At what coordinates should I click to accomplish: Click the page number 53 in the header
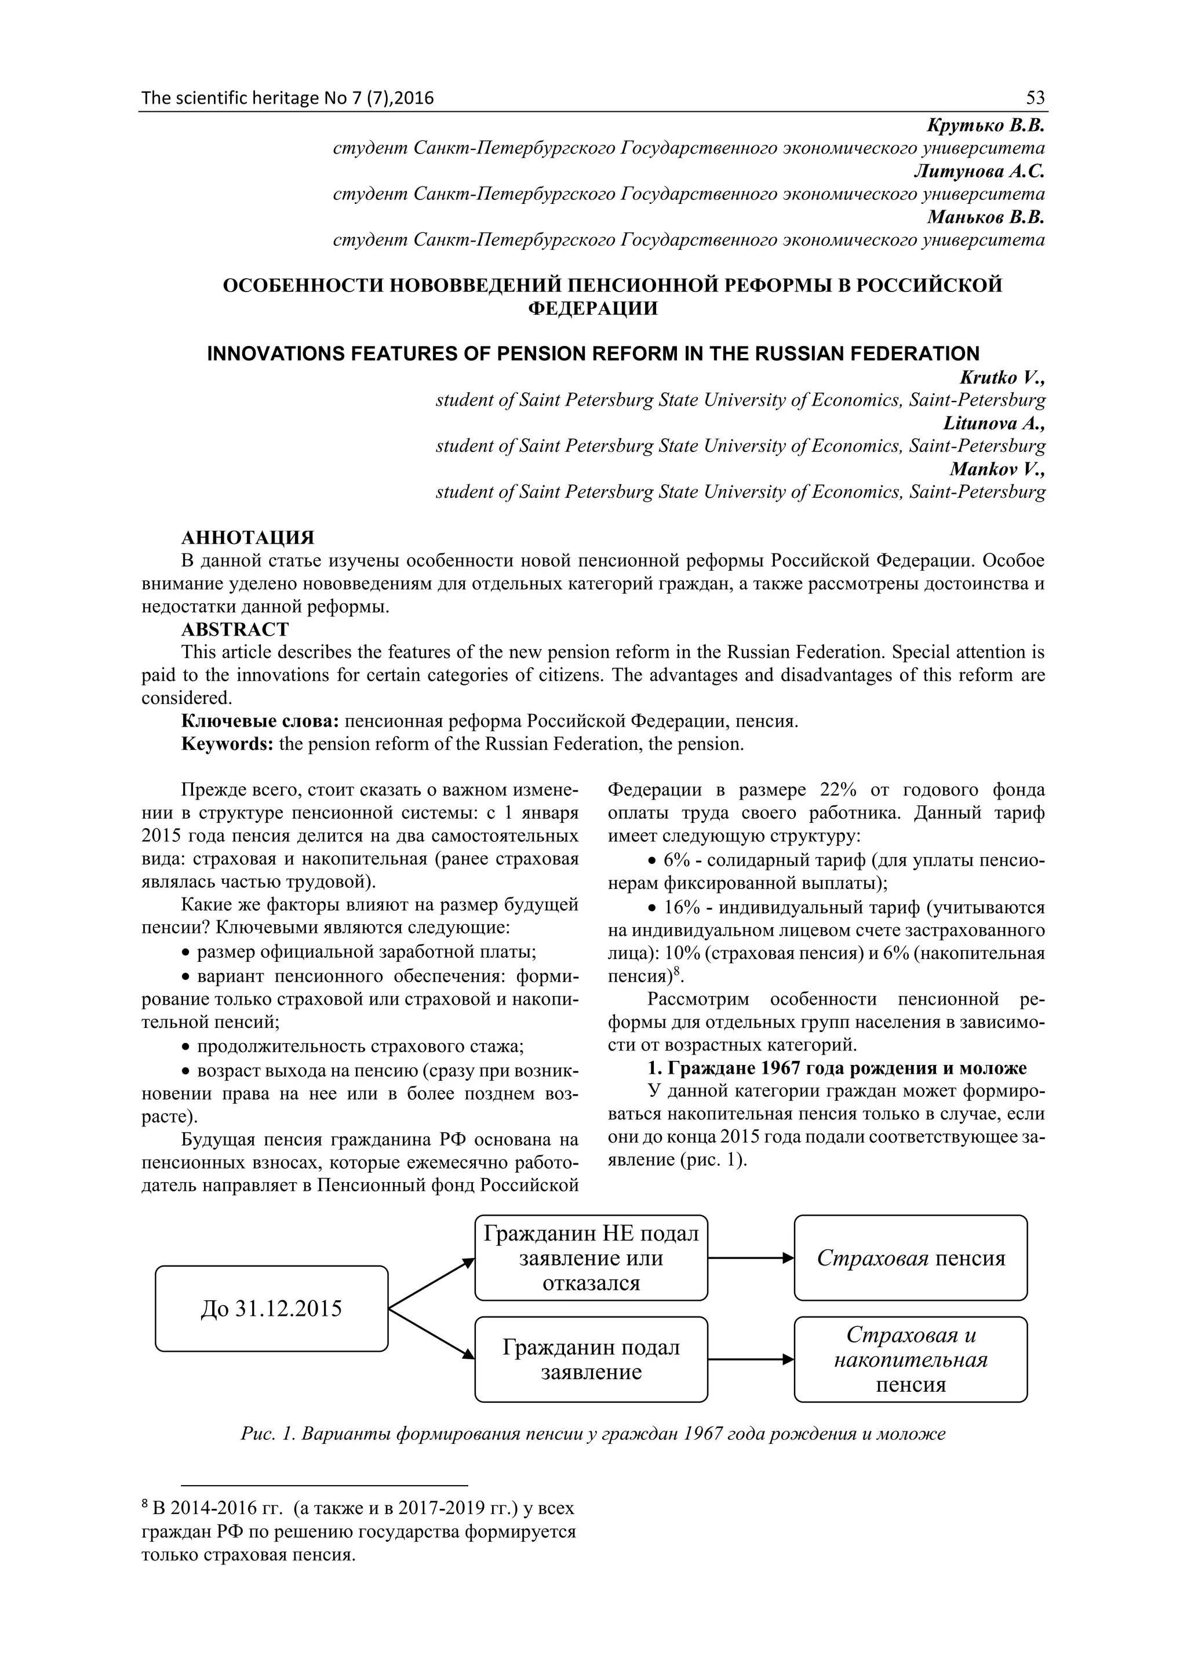click(1035, 98)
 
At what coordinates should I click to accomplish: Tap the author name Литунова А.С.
click(979, 171)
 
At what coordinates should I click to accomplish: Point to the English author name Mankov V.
click(997, 469)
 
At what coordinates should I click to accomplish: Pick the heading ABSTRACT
click(235, 629)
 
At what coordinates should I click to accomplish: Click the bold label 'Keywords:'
click(227, 744)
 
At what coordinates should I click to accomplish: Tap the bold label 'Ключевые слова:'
click(260, 721)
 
